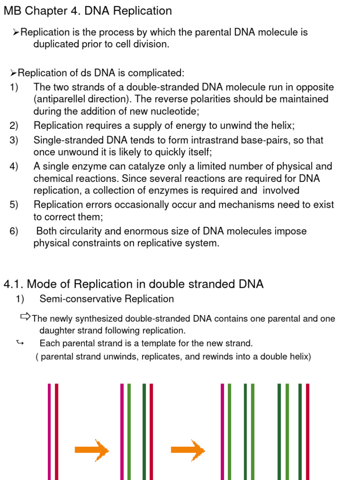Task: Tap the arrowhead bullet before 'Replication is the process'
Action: pyautogui.click(x=16, y=32)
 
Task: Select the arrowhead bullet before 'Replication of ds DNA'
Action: pyautogui.click(x=14, y=73)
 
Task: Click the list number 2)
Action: pyautogui.click(x=14, y=125)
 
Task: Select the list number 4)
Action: pyautogui.click(x=14, y=166)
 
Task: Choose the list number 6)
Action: pyautogui.click(x=14, y=231)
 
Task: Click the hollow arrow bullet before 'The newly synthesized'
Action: pyautogui.click(x=26, y=317)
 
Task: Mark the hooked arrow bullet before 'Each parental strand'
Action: pyautogui.click(x=20, y=343)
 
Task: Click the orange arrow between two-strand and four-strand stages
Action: pyautogui.click(x=92, y=450)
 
